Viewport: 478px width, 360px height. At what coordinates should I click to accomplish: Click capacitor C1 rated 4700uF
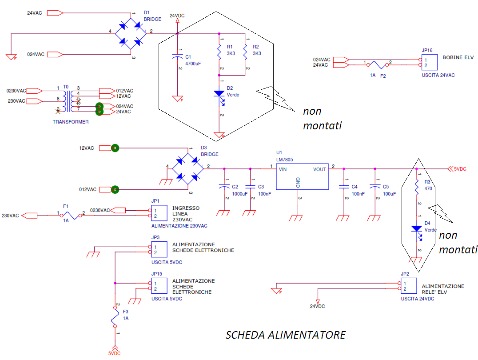click(x=177, y=57)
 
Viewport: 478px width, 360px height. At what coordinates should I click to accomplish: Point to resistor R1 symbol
click(x=219, y=52)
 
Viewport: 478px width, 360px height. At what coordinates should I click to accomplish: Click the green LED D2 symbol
click(x=219, y=94)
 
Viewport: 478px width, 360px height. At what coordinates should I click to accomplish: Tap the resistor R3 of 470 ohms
click(x=417, y=188)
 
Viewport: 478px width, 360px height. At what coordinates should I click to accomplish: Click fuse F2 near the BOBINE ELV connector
click(x=377, y=65)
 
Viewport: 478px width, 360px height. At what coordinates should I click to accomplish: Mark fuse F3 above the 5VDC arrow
click(x=115, y=319)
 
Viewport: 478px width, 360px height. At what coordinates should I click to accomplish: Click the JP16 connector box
click(x=429, y=62)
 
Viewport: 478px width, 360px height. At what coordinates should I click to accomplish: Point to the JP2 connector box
click(x=408, y=286)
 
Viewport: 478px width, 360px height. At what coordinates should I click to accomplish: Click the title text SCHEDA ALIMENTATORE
click(x=285, y=335)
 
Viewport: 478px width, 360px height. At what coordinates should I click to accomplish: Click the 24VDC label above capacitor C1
click(x=177, y=16)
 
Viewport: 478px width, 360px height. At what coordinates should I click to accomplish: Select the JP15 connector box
click(x=159, y=286)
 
